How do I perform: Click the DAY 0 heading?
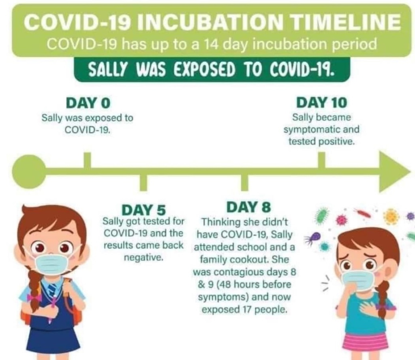(x=88, y=103)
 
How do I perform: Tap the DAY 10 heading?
(x=321, y=102)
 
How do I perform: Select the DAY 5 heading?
(x=144, y=210)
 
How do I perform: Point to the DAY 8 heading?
(x=249, y=207)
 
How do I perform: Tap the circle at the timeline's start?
(x=29, y=172)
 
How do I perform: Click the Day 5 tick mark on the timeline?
(x=143, y=183)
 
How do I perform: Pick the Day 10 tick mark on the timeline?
(x=321, y=160)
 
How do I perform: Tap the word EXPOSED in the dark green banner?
(x=204, y=70)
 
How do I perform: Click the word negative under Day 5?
(x=143, y=258)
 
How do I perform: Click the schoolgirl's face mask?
(x=52, y=264)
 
